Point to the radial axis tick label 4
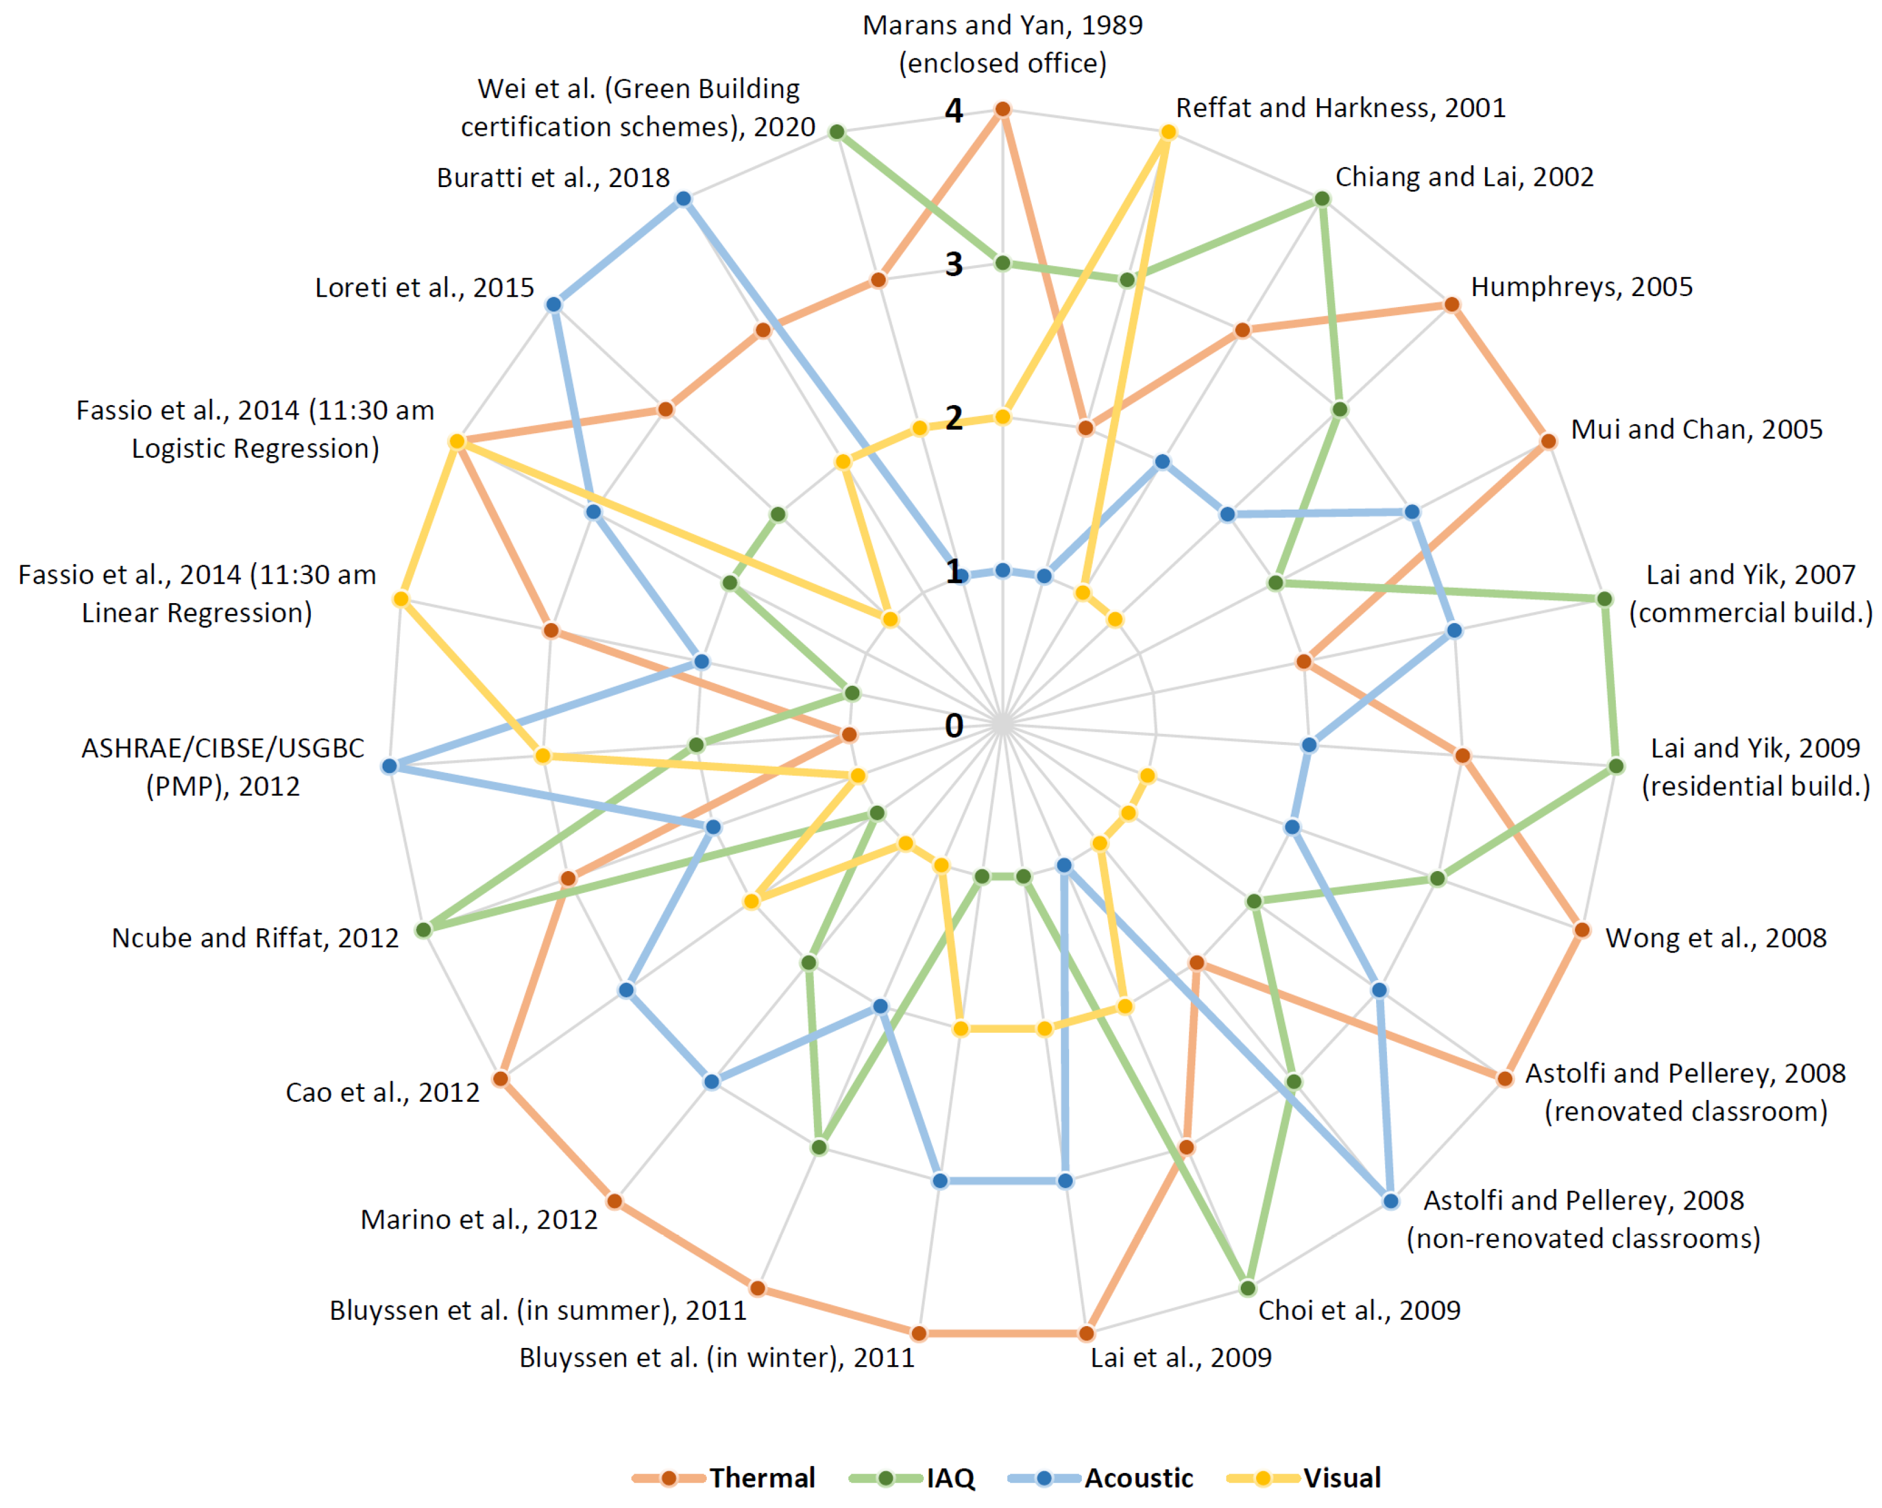[x=953, y=111]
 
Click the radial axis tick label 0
[x=953, y=725]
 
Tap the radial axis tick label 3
[x=953, y=264]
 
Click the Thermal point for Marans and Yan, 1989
[x=1003, y=109]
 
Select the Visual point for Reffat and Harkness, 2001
[x=1168, y=132]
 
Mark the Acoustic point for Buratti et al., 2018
[x=684, y=199]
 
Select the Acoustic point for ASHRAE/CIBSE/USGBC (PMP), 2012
[x=390, y=766]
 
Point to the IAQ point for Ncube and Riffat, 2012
[x=423, y=930]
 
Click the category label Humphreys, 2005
[x=1581, y=286]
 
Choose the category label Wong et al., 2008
[x=1715, y=938]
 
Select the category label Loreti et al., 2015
[x=424, y=287]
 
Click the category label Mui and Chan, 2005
[x=1696, y=429]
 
